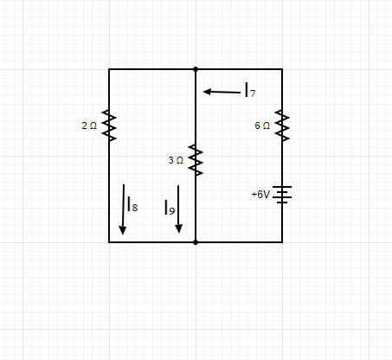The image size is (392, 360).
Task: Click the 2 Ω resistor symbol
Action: tap(109, 125)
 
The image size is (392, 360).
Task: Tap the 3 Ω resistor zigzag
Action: tap(196, 160)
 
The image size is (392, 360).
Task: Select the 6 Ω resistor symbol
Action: tap(282, 125)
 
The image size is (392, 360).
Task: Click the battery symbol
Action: tap(282, 195)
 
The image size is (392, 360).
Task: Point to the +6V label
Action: tap(260, 195)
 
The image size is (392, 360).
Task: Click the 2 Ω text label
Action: tap(89, 125)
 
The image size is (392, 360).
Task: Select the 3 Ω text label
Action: tap(176, 160)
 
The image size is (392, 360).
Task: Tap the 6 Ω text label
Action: tap(262, 125)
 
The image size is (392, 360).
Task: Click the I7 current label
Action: tap(250, 90)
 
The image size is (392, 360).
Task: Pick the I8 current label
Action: tap(132, 204)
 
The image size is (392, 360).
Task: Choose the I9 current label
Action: tap(170, 208)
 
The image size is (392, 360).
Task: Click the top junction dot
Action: tap(196, 69)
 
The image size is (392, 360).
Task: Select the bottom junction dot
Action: tap(196, 242)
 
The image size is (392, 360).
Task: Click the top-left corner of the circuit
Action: tap(109, 69)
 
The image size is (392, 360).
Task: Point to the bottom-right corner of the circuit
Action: tap(282, 242)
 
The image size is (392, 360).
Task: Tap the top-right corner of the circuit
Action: tap(282, 69)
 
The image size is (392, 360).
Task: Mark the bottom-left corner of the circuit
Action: tap(109, 242)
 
